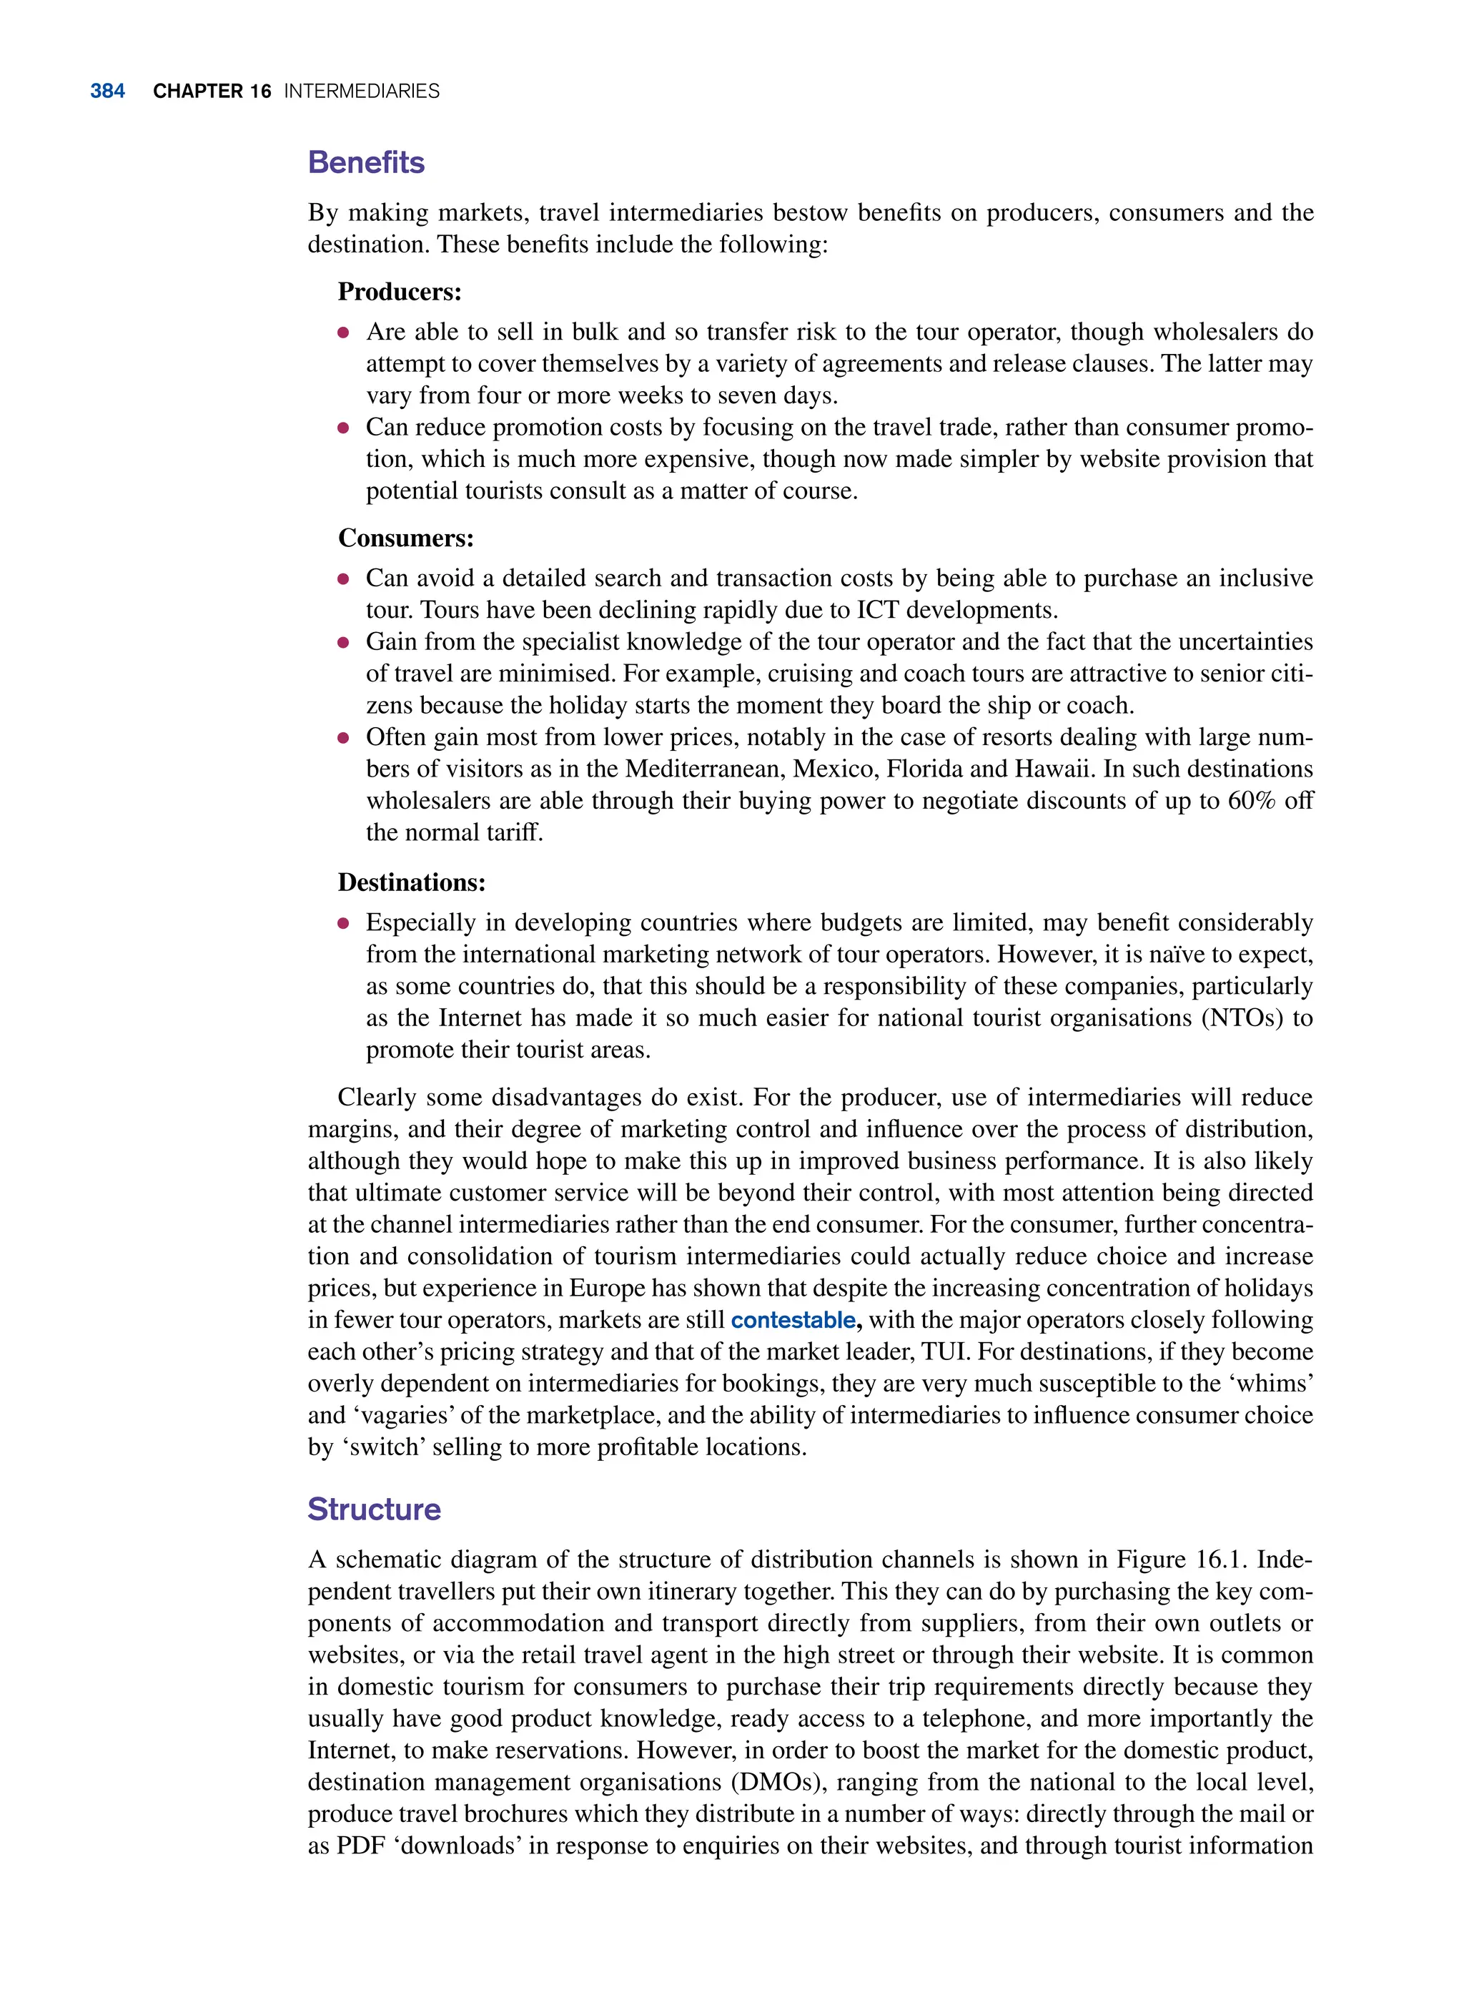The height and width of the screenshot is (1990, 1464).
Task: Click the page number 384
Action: tap(107, 92)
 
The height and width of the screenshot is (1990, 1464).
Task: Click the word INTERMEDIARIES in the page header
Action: tap(362, 92)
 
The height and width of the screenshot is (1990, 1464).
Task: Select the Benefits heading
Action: tap(366, 163)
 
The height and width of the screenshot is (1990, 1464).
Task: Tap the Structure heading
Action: tap(374, 1509)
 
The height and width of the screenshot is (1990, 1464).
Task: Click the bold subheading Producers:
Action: tap(400, 292)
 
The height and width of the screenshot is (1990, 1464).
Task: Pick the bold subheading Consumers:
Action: tap(406, 538)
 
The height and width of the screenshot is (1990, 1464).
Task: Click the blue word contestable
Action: tap(793, 1320)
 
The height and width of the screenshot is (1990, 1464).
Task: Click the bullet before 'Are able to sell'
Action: tap(344, 333)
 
